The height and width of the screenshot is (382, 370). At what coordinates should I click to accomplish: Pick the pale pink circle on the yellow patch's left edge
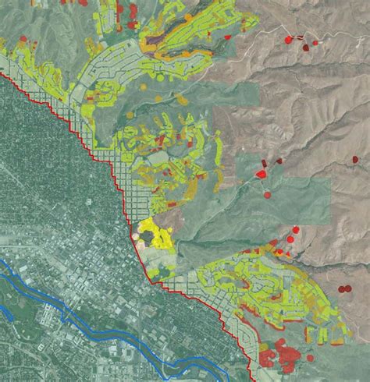point(138,242)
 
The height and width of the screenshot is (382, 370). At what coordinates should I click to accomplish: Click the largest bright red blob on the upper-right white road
point(290,39)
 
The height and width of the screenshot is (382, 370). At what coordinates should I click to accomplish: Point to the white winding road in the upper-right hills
point(258,47)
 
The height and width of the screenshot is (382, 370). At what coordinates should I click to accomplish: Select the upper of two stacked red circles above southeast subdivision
point(296,230)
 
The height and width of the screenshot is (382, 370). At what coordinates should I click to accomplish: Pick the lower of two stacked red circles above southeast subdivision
point(291,239)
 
